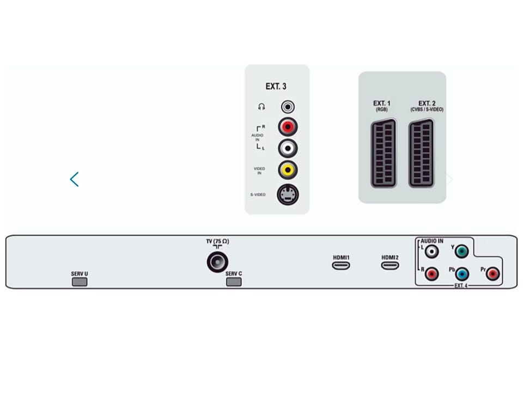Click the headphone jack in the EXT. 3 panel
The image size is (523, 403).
coord(288,107)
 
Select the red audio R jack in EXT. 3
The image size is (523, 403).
coord(288,127)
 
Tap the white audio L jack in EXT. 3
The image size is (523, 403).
coord(288,148)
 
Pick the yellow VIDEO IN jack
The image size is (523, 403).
coord(288,170)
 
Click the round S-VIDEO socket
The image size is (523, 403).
coord(288,194)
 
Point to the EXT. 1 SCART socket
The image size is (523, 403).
coord(384,153)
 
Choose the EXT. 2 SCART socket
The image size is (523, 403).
coord(421,153)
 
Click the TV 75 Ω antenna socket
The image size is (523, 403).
coord(217,261)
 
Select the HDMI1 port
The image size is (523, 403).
coord(340,266)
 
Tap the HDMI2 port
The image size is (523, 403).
coord(390,266)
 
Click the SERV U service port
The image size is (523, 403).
coord(80,282)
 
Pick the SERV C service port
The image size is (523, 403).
coord(234,282)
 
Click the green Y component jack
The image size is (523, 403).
coord(461,252)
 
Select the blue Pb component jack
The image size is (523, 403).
coord(462,274)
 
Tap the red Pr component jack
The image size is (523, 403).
coord(492,274)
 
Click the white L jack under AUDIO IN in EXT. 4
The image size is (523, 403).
coord(431,252)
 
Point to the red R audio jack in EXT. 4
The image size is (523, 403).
coord(431,274)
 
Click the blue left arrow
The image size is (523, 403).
coord(74,179)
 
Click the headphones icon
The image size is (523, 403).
coord(261,107)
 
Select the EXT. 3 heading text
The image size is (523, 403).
coord(276,87)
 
